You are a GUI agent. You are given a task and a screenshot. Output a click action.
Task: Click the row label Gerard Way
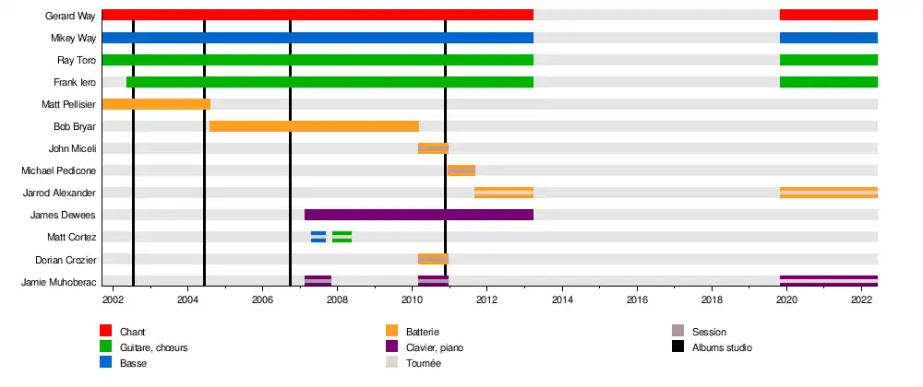[70, 16]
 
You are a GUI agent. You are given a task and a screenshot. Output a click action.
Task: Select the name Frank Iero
[75, 82]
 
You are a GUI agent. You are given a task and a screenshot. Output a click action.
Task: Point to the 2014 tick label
[562, 299]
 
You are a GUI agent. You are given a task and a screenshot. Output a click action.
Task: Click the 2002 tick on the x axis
[114, 299]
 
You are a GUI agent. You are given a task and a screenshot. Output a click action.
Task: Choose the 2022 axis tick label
[861, 299]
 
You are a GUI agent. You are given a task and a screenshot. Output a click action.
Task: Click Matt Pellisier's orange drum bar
[156, 104]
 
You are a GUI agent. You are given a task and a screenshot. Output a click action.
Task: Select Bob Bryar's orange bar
[314, 126]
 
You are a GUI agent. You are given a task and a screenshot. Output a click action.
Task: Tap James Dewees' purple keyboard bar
[419, 215]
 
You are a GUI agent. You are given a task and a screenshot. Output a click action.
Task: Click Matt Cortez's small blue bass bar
[318, 237]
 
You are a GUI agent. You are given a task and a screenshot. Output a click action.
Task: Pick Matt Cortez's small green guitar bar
[342, 237]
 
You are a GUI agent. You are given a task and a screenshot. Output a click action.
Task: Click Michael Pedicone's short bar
[461, 170]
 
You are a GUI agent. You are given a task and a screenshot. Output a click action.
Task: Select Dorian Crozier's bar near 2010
[433, 259]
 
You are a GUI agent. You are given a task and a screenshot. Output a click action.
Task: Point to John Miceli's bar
[433, 148]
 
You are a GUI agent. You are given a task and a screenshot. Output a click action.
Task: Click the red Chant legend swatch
[106, 331]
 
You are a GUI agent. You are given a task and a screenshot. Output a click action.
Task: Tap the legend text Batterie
[422, 332]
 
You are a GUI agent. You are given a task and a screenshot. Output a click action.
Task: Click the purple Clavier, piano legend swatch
[392, 346]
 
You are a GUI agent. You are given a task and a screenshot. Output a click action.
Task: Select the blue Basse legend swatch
[106, 362]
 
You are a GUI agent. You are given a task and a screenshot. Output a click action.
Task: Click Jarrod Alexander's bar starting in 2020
[828, 193]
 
